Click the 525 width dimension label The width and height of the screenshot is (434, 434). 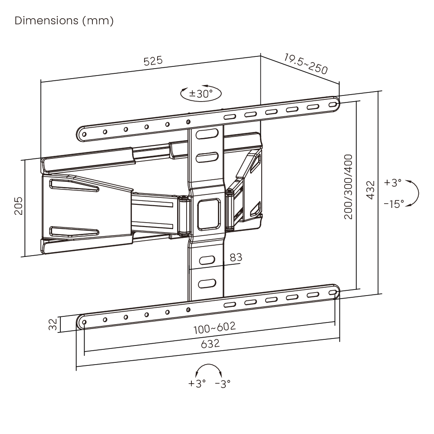153,61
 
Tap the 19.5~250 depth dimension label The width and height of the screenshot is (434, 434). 306,64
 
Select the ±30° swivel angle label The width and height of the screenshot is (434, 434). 201,94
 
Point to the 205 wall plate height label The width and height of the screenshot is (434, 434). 18,206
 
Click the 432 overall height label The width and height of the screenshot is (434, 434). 370,190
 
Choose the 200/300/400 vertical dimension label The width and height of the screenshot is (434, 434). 348,187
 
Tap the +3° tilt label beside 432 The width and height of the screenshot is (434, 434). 392,182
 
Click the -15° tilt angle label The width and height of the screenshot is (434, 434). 394,204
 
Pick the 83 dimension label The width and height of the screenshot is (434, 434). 236,257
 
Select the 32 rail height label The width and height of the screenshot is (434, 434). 53,324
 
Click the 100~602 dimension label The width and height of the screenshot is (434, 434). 214,328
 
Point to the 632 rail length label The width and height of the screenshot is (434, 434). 210,344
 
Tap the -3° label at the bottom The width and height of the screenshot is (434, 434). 223,384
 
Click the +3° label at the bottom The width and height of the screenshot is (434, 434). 197,383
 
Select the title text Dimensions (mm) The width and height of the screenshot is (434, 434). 64,21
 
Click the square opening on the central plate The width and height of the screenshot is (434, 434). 209,214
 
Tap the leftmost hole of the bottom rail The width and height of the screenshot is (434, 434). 84,322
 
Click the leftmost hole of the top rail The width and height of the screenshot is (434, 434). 84,135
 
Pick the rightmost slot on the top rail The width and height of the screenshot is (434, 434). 332,105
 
